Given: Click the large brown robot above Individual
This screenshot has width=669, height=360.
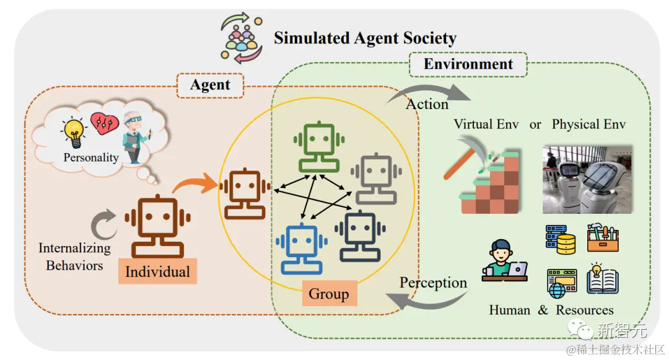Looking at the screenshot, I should (157, 226).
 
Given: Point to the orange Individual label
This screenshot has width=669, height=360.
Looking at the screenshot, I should (157, 272).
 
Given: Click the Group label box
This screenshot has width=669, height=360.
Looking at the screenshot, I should (329, 294).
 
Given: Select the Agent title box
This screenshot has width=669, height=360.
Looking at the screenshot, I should (210, 85).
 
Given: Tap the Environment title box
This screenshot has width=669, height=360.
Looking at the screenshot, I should (468, 64).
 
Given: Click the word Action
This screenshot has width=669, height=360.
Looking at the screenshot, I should (427, 104).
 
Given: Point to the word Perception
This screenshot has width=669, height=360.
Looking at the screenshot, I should (433, 283).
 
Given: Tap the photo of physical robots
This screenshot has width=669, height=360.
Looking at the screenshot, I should (587, 179).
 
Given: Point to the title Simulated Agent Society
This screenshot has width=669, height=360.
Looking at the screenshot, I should (365, 38).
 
